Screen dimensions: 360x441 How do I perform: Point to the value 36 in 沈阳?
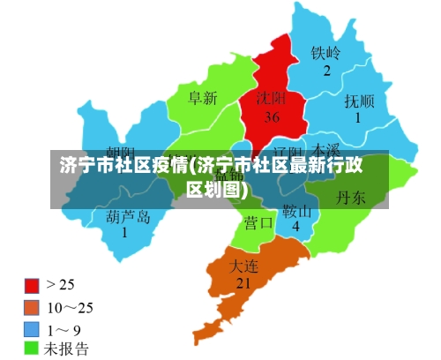[272, 116]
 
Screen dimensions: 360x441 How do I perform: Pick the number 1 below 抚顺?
[358, 117]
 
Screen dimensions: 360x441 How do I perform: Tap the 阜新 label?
[202, 99]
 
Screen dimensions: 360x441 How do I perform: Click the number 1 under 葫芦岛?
[124, 233]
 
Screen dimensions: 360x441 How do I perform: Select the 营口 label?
[259, 222]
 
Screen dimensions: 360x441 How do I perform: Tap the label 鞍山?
[297, 212]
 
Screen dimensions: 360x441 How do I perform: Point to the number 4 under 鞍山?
[296, 227]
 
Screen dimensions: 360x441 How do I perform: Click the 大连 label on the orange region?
[244, 265]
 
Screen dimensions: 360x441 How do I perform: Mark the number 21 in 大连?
[243, 283]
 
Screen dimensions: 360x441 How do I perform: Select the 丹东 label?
[351, 199]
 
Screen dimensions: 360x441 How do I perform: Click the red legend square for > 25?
[32, 286]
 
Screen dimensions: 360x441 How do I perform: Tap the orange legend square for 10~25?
[32, 307]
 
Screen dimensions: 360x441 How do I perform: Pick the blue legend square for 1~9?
[32, 328]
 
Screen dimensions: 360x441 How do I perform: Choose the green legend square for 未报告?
[32, 349]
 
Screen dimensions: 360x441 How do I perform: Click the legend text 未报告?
[67, 349]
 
